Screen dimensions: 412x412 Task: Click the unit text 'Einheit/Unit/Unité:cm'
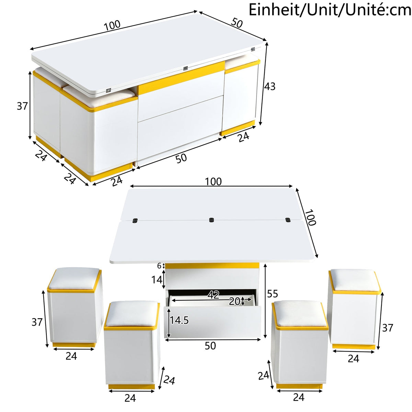(330, 10)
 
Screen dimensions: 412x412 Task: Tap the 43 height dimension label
(270, 87)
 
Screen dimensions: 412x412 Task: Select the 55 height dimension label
(272, 294)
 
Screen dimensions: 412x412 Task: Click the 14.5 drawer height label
(179, 320)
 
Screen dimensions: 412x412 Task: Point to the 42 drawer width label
(213, 295)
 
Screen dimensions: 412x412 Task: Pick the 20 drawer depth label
(234, 301)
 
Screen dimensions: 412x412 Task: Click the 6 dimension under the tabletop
(159, 266)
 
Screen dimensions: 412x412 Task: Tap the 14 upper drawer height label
(157, 279)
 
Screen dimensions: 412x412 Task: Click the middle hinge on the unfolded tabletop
(211, 220)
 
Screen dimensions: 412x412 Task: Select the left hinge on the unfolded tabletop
(135, 220)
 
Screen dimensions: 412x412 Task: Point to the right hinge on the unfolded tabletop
(288, 220)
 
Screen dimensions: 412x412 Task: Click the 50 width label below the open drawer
(210, 346)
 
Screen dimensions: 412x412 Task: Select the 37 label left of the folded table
(22, 106)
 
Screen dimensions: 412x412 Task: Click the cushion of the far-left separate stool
(75, 278)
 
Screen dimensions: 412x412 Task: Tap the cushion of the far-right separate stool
(354, 280)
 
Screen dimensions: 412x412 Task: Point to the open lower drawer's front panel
(213, 322)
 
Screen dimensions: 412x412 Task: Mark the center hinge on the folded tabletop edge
(186, 68)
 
